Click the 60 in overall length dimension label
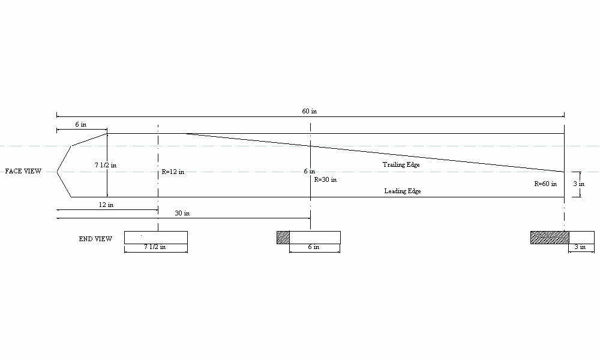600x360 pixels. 309,112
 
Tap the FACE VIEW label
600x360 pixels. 23,171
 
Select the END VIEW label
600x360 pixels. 95,239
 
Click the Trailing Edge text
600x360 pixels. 401,164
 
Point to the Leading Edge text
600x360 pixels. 403,191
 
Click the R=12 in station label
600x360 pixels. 173,172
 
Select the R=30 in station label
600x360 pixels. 325,179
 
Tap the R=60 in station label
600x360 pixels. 545,184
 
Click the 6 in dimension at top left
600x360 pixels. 81,124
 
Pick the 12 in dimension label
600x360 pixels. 106,205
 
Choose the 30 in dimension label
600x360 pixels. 182,213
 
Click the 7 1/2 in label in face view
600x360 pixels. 106,165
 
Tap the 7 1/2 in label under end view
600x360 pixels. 155,247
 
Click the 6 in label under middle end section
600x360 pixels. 314,247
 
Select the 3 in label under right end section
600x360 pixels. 580,247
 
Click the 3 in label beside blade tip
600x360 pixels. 579,184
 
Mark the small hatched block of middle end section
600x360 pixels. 283,238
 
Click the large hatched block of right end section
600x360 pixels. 550,238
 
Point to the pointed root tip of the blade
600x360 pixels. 58,172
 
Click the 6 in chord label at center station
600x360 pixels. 309,171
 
